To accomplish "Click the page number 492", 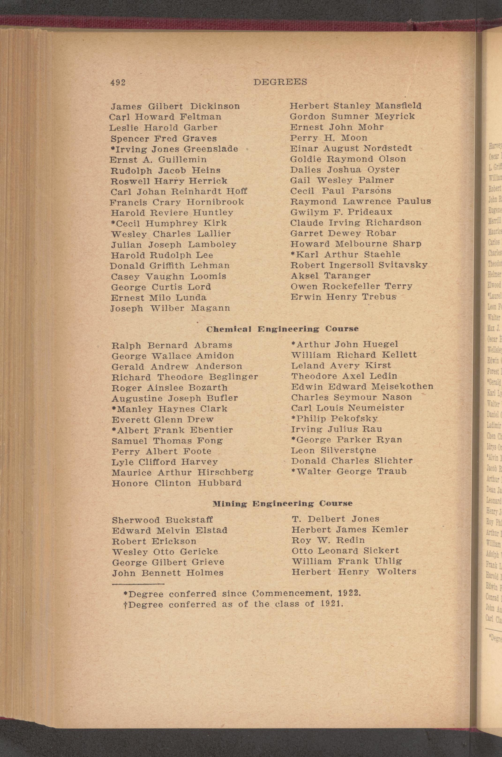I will (x=118, y=82).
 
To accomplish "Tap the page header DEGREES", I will (x=280, y=82).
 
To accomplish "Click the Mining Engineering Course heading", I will (x=283, y=503).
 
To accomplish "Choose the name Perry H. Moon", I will (x=329, y=138).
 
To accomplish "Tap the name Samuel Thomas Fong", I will (x=167, y=441).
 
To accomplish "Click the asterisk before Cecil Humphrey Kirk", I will (x=113, y=222).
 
